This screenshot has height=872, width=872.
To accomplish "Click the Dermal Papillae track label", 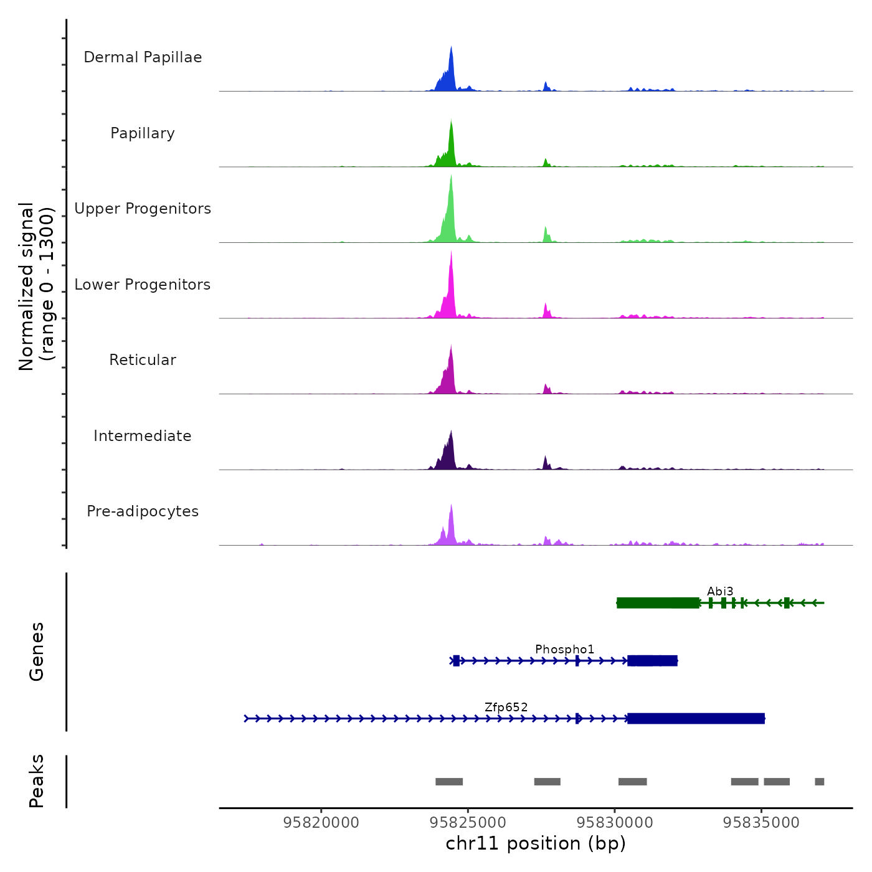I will click(x=143, y=57).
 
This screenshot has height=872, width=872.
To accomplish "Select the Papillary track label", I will click(x=143, y=133).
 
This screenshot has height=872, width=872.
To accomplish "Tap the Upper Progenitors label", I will click(x=143, y=209).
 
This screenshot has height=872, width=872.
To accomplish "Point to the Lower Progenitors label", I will click(x=143, y=285).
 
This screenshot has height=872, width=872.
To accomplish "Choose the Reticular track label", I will click(x=143, y=360).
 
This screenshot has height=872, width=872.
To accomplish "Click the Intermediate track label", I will click(x=143, y=436).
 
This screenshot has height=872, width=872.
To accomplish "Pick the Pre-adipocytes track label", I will click(x=143, y=511).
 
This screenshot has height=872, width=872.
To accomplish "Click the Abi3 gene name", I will click(x=720, y=591).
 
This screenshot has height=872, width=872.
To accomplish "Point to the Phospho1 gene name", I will click(x=564, y=650).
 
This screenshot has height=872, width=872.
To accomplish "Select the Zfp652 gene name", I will click(x=506, y=708).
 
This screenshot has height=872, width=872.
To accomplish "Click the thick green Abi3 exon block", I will click(x=658, y=603).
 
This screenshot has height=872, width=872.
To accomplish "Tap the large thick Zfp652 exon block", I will click(x=696, y=719).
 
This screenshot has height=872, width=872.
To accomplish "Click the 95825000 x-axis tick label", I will click(x=468, y=823).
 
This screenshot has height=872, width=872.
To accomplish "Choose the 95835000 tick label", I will click(x=761, y=823).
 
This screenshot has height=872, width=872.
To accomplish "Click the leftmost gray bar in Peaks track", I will click(x=449, y=782).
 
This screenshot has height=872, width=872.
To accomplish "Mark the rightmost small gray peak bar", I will click(x=820, y=782).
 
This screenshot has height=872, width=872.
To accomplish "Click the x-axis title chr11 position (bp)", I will click(x=536, y=844).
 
